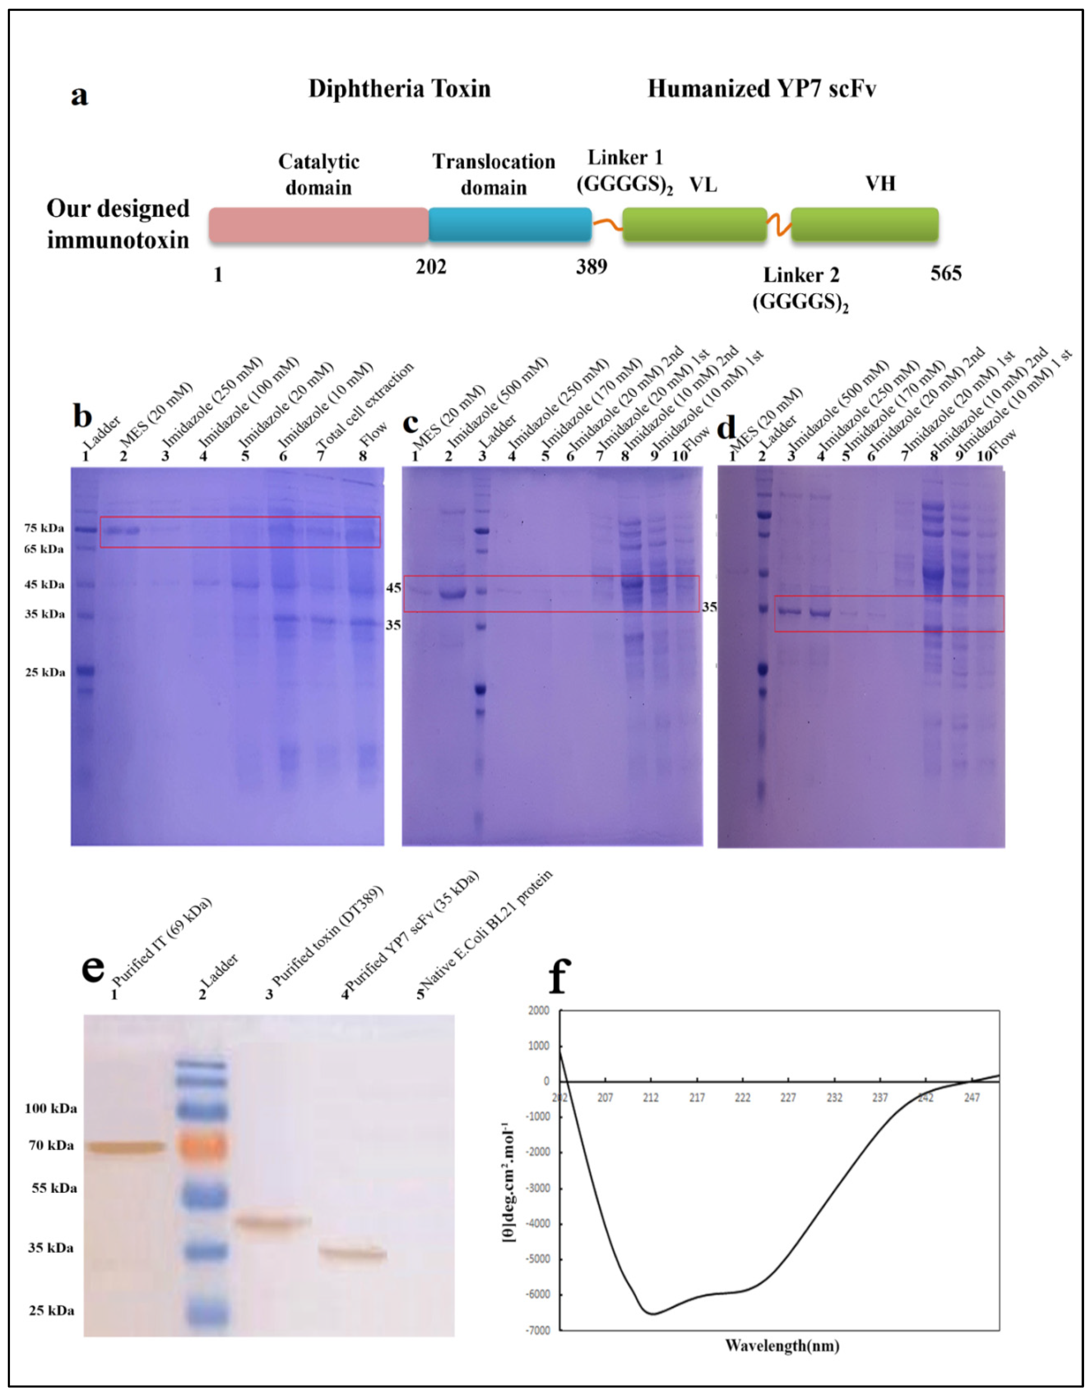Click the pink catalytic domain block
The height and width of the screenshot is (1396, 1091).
pos(318,225)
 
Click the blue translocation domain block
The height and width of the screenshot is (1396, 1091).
pos(509,225)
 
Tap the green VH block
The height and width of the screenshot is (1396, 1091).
pos(864,225)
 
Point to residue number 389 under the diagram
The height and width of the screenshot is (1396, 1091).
pos(591,267)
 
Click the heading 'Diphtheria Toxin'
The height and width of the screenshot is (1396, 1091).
pos(400,89)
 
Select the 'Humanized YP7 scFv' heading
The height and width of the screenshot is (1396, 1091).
pos(761,89)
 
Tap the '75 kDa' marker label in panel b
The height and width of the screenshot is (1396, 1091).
pos(44,528)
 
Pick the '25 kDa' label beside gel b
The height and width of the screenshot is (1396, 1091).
pos(45,673)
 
